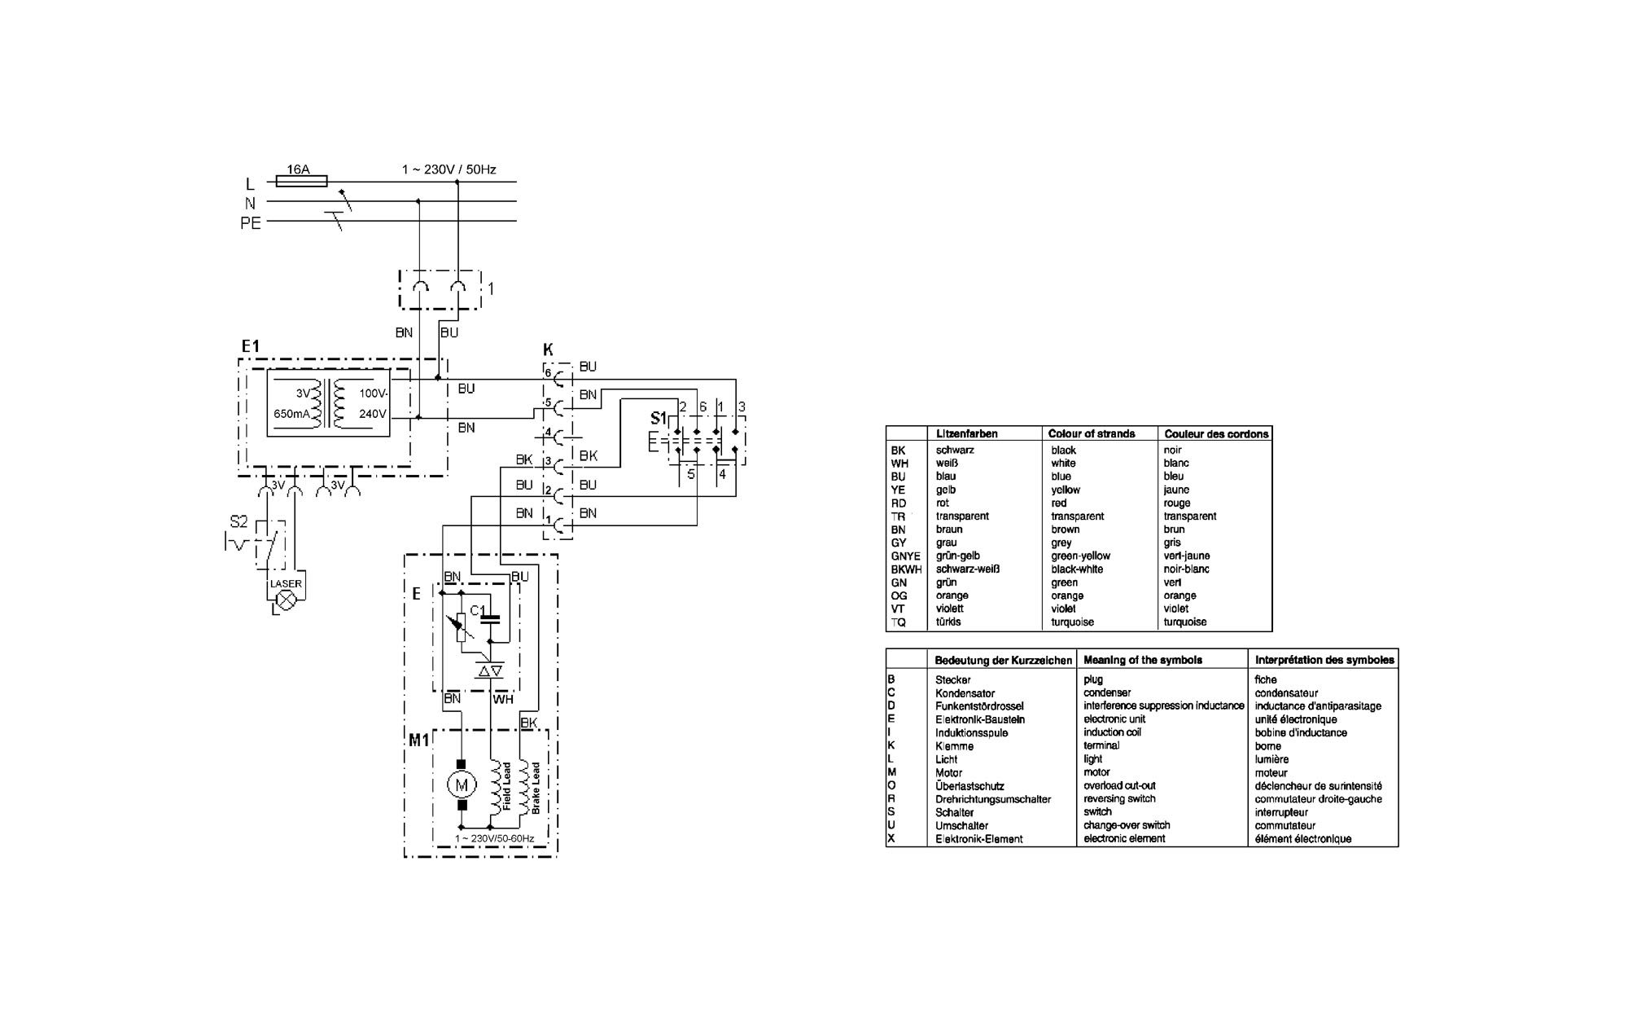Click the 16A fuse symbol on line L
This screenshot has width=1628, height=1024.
[x=302, y=182]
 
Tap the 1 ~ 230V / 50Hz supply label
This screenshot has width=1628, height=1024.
[x=449, y=169]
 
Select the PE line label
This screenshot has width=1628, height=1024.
[x=251, y=222]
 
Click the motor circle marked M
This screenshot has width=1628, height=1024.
[x=462, y=784]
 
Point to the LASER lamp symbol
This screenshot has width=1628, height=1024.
[x=286, y=600]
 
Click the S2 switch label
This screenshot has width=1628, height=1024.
[x=239, y=521]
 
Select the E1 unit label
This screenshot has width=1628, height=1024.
[x=250, y=346]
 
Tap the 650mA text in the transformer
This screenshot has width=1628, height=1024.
[x=291, y=414]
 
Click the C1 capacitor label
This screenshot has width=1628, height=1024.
[x=478, y=610]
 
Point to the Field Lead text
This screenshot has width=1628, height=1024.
[x=506, y=785]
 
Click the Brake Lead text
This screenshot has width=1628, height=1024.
[x=535, y=788]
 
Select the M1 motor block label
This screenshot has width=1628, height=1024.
[x=418, y=741]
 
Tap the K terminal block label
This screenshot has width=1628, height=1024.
[x=548, y=349]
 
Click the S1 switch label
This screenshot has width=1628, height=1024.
[x=659, y=419]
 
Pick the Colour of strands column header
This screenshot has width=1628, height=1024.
[x=1092, y=434]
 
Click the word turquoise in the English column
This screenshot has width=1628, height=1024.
[x=1073, y=622]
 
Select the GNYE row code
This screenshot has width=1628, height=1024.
[x=905, y=556]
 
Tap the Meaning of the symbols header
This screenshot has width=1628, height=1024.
[x=1143, y=660]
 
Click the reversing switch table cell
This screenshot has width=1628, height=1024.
[x=1119, y=799]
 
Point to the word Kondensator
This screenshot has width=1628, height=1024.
[x=965, y=693]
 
